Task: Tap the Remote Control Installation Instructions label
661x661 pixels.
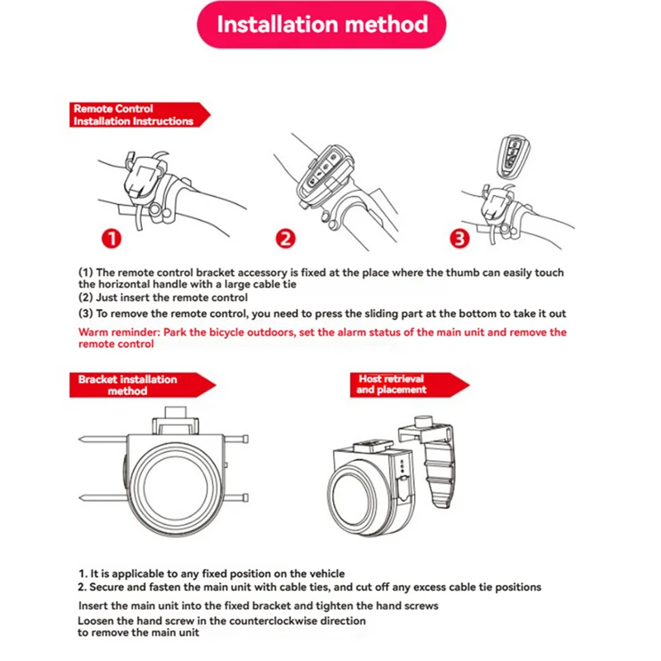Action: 132,115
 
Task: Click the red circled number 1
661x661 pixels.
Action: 112,240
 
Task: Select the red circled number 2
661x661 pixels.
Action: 285,240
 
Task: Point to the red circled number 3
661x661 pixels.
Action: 459,240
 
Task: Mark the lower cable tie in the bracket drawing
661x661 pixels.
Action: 99,497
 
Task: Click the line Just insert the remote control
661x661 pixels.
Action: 163,297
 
